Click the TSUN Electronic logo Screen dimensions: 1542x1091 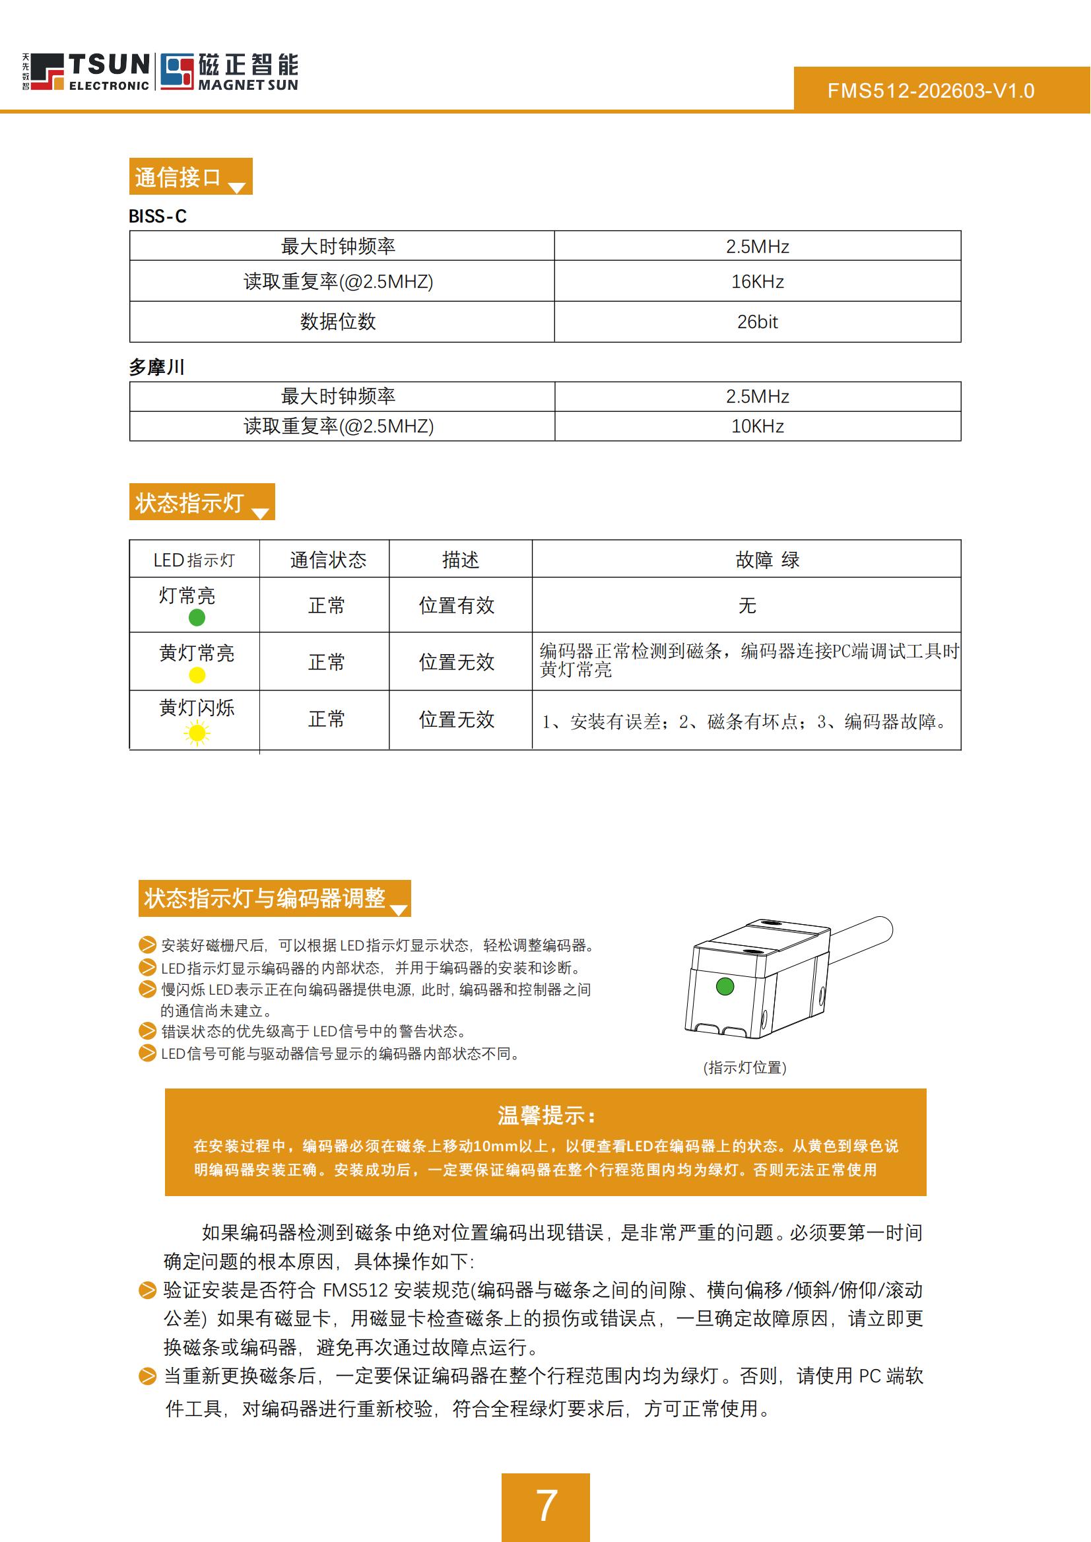[86, 71]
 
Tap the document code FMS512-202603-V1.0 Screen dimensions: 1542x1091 [931, 90]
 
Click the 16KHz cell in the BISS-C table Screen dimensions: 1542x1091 [757, 281]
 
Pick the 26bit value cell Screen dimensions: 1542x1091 [757, 322]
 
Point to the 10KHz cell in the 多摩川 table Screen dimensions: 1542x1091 [757, 426]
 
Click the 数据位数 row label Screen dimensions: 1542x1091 [338, 322]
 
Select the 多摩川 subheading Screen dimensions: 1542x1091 [156, 367]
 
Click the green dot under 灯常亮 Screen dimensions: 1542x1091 [197, 617]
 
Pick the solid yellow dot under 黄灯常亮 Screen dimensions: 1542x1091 [197, 675]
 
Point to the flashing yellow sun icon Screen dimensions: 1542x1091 [197, 732]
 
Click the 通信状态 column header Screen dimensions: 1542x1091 [328, 560]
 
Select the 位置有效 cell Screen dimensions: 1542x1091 [457, 605]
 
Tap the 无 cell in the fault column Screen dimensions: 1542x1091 [747, 605]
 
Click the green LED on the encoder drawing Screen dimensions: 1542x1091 [725, 986]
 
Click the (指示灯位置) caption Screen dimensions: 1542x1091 [744, 1067]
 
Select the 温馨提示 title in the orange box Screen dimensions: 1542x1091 [545, 1116]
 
